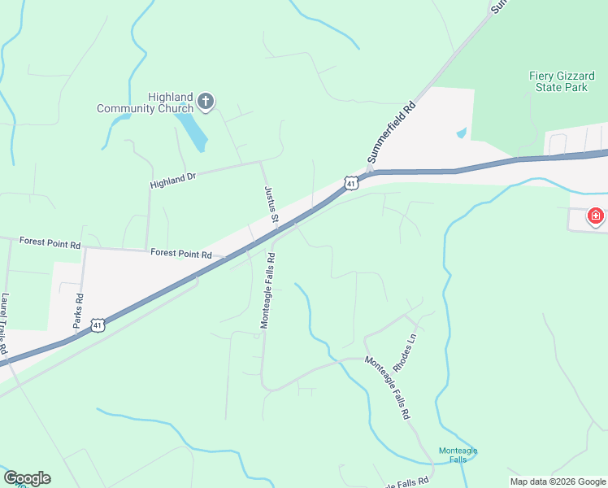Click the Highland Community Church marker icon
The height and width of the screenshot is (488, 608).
tap(206, 102)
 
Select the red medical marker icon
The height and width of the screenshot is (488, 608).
tap(596, 216)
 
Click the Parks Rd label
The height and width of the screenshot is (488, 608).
tap(78, 310)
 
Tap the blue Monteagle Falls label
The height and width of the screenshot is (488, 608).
tap(458, 455)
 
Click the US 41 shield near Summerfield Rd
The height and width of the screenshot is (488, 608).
tap(350, 183)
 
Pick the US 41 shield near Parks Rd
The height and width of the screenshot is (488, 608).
tap(97, 325)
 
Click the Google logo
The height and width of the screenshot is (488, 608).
tap(27, 478)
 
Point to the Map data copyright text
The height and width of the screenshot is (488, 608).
tap(558, 481)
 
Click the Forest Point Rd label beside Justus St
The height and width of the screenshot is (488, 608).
tap(181, 254)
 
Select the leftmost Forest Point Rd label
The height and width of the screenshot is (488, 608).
tap(50, 242)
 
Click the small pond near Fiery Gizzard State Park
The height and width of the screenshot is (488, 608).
tap(462, 132)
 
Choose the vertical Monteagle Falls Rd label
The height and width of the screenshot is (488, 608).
tap(267, 290)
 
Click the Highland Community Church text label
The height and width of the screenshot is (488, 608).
tap(146, 102)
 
